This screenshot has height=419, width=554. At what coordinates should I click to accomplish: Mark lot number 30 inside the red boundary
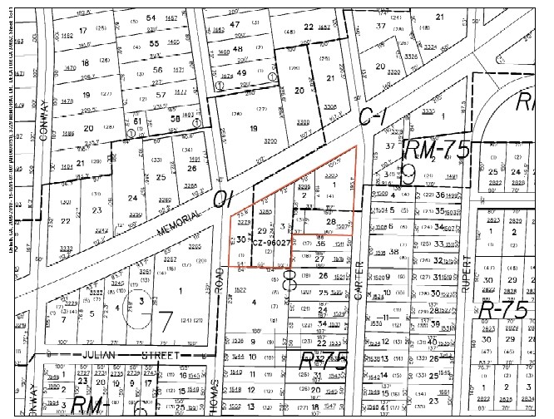point(241,239)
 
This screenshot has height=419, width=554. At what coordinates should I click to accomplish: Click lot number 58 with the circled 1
point(175,118)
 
